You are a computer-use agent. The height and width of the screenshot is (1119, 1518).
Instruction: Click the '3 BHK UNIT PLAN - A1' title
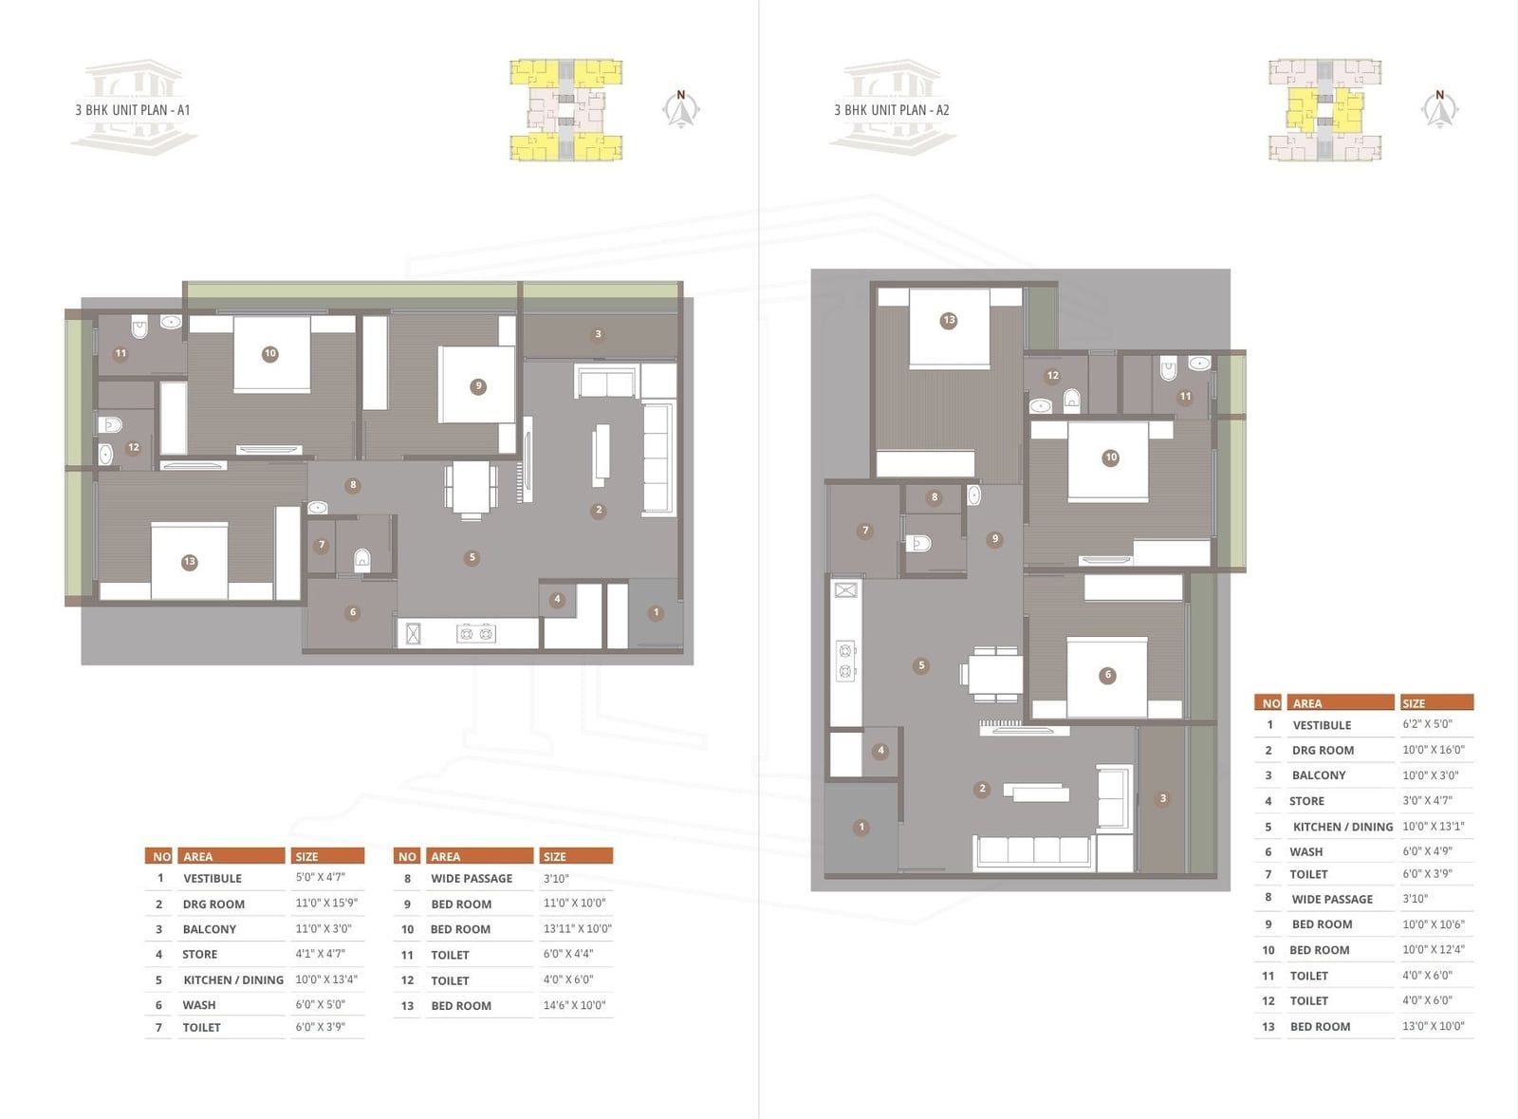pyautogui.click(x=133, y=110)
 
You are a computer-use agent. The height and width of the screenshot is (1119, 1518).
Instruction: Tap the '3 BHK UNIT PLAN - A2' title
pyautogui.click(x=891, y=110)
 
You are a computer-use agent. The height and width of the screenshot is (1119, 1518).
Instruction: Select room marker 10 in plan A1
pyautogui.click(x=269, y=353)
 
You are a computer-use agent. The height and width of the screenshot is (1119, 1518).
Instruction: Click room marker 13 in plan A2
pyautogui.click(x=949, y=320)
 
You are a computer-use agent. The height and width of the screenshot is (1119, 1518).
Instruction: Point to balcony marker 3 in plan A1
pyautogui.click(x=598, y=334)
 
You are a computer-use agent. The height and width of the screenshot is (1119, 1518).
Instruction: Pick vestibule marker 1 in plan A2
pyautogui.click(x=861, y=827)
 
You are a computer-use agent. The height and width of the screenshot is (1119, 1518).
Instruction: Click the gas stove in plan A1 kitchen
pyautogui.click(x=475, y=634)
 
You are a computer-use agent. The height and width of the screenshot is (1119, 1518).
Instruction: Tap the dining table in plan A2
pyautogui.click(x=994, y=674)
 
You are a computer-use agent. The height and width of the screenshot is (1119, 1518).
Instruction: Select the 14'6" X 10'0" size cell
pyautogui.click(x=575, y=1005)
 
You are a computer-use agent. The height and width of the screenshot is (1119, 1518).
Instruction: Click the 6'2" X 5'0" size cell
pyautogui.click(x=1427, y=724)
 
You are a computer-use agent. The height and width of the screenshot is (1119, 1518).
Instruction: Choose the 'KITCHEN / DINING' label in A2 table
pyautogui.click(x=1342, y=827)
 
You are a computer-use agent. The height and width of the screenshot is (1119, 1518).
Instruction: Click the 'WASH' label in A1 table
pyautogui.click(x=199, y=1005)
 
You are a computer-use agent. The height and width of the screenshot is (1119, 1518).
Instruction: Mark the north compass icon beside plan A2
pyautogui.click(x=1440, y=109)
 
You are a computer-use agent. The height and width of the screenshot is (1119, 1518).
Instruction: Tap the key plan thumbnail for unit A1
pyautogui.click(x=565, y=110)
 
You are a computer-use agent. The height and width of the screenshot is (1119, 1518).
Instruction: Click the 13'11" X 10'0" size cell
pyautogui.click(x=578, y=928)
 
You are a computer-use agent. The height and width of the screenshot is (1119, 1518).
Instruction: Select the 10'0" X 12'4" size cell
pyautogui.click(x=1434, y=949)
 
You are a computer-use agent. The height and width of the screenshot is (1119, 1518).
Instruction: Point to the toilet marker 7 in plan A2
pyautogui.click(x=864, y=531)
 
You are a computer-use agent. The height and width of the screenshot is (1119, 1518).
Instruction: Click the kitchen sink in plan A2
pyautogui.click(x=845, y=590)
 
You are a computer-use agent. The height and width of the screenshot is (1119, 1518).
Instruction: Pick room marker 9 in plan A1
pyautogui.click(x=478, y=386)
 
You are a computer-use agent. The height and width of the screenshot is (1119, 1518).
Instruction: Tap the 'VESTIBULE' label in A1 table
pyautogui.click(x=213, y=878)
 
